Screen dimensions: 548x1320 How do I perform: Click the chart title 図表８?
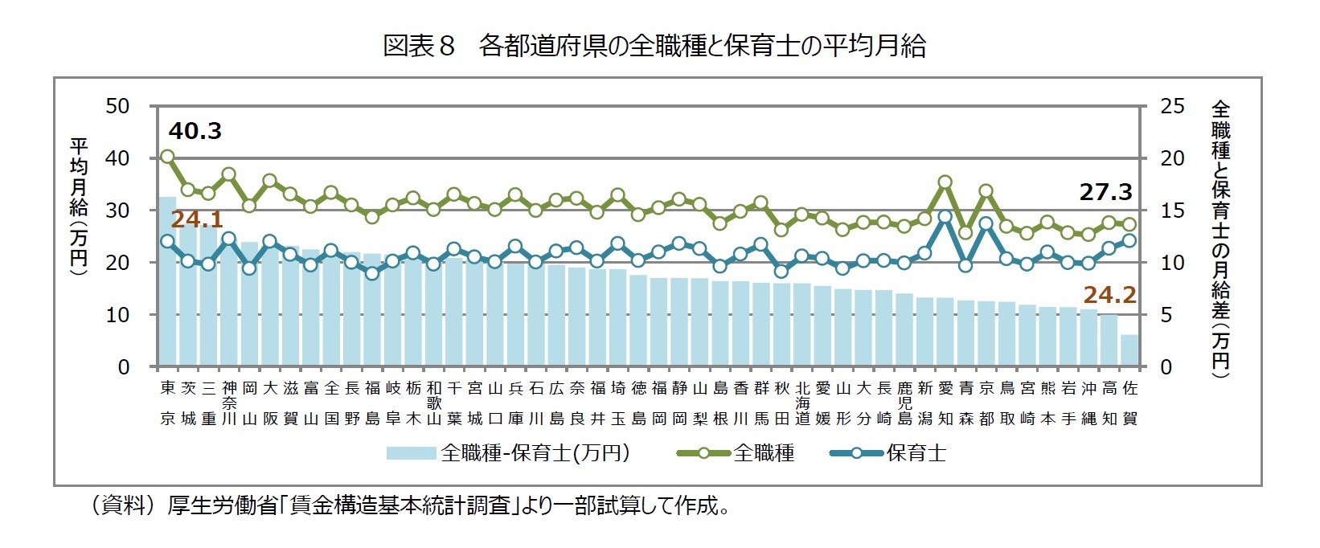(419, 46)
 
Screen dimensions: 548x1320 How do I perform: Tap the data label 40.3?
(195, 130)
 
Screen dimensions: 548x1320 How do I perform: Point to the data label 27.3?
(1105, 192)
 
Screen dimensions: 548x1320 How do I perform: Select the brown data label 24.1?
(197, 220)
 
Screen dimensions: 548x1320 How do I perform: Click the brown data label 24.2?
(1109, 295)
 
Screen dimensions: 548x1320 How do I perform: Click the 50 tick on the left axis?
(117, 106)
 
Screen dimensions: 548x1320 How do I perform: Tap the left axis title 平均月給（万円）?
(79, 207)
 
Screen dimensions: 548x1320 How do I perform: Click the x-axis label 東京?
(167, 403)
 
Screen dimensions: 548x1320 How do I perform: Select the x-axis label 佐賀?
(1129, 403)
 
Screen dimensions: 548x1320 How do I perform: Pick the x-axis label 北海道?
(802, 403)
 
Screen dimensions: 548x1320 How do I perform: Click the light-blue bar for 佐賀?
(1129, 351)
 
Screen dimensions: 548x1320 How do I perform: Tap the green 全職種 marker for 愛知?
(945, 182)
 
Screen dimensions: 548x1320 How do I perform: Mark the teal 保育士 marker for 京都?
(986, 223)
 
